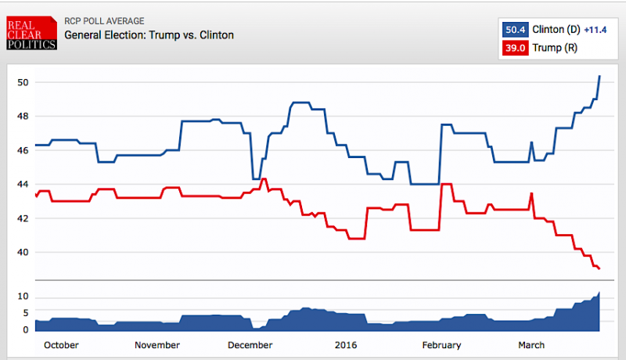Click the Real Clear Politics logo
click(x=32, y=32)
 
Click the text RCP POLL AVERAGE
click(x=104, y=21)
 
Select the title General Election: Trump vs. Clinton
click(x=149, y=35)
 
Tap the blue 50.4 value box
click(x=515, y=30)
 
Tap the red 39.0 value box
click(x=515, y=48)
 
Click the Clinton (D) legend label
click(x=556, y=30)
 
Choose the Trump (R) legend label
click(x=550, y=48)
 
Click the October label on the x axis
click(x=60, y=345)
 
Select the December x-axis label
click(x=250, y=345)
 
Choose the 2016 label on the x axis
click(x=345, y=345)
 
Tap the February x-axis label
click(x=441, y=345)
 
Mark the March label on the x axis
click(x=531, y=345)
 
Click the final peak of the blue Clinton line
click(x=599, y=76)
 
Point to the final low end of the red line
click(x=599, y=269)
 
